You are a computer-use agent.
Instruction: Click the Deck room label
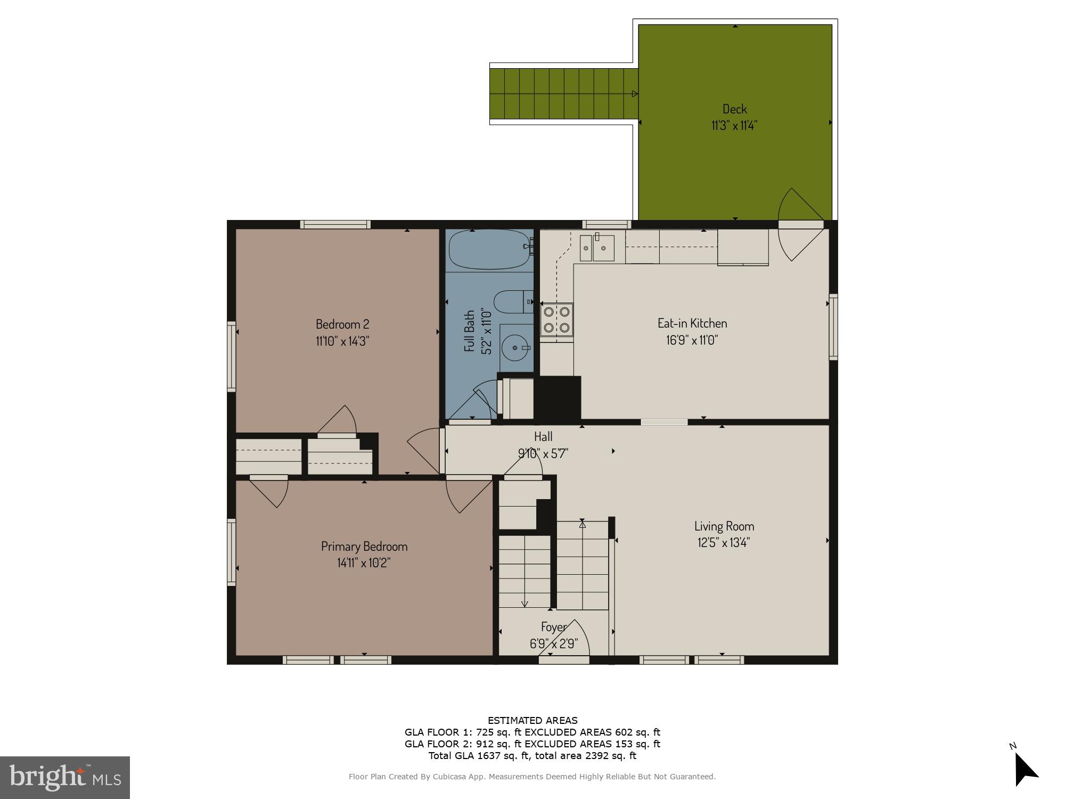(734, 109)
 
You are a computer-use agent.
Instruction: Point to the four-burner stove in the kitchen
(556, 319)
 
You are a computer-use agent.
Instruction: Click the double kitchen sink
(597, 248)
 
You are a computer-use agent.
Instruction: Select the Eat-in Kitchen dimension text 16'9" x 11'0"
(692, 340)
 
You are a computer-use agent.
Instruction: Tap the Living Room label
(724, 526)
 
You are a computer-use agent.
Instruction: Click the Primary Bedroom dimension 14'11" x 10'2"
(364, 563)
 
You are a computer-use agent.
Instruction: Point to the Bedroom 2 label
(342, 324)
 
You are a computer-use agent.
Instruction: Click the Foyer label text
(554, 627)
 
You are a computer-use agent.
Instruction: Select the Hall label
(543, 437)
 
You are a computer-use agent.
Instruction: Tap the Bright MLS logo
(64, 777)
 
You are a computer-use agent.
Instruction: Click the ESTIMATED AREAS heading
(532, 721)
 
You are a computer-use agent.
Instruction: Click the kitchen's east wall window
(833, 327)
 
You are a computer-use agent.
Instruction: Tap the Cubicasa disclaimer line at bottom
(532, 777)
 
